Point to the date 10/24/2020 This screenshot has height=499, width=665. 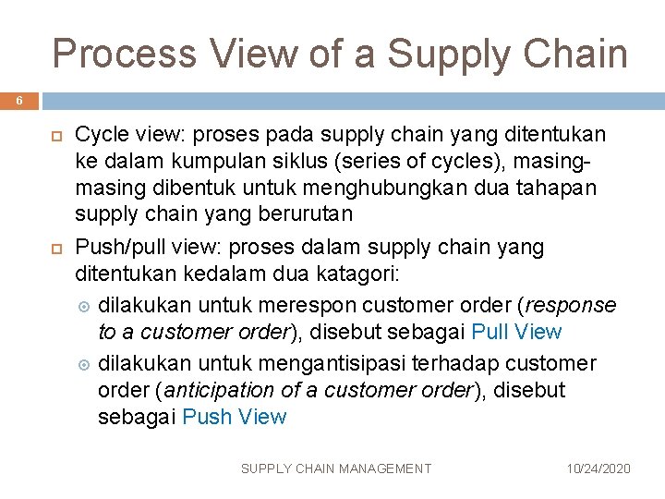coord(598,469)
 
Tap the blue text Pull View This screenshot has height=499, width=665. coord(516,332)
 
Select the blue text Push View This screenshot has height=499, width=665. coord(235,417)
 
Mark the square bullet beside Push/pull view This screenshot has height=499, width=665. coord(52,249)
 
